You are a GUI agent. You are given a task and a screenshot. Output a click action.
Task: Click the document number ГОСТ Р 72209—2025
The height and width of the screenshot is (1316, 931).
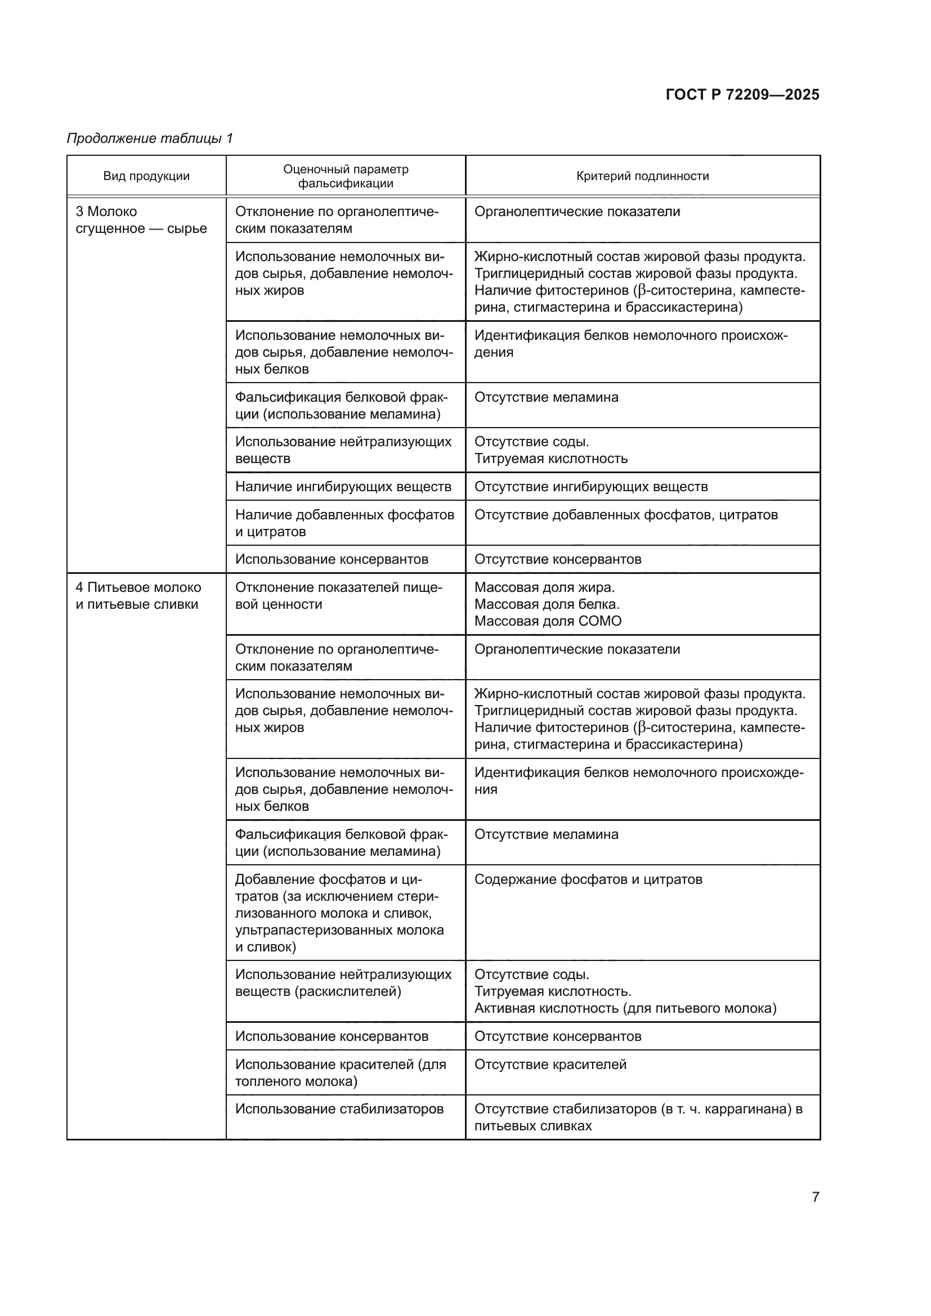742,95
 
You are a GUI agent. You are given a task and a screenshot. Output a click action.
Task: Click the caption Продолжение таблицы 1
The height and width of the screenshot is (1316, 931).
150,138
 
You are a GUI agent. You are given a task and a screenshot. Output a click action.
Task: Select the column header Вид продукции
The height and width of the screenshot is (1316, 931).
146,176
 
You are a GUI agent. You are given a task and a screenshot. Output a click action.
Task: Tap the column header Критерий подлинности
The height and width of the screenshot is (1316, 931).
642,176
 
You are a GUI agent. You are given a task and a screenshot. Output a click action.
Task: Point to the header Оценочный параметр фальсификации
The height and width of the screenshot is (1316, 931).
346,176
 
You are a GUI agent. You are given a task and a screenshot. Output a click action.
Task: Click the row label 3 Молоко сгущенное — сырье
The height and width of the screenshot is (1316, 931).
141,220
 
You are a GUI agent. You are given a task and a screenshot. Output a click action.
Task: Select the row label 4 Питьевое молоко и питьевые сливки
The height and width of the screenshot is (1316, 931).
138,595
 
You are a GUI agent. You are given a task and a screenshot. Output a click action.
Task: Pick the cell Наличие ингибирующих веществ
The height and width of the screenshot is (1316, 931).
343,487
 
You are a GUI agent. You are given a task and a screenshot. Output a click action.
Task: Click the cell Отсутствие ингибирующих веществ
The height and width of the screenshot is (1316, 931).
590,487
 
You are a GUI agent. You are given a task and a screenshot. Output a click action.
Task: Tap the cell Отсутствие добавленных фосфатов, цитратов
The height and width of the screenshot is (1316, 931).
625,515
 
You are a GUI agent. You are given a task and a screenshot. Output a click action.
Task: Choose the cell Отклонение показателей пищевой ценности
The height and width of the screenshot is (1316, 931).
338,595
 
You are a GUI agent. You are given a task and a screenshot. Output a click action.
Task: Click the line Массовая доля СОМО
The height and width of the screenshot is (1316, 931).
548,621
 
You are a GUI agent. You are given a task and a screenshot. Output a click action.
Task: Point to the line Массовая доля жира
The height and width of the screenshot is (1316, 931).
544,587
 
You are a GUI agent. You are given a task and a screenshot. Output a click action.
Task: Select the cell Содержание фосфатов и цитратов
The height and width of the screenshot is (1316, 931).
588,879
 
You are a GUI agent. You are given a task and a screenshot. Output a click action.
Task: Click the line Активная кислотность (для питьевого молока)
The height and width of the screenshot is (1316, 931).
625,1008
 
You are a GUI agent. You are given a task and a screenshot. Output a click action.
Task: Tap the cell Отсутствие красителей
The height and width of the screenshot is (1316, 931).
550,1065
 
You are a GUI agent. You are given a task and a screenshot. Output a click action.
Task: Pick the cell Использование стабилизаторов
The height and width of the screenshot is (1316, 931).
339,1108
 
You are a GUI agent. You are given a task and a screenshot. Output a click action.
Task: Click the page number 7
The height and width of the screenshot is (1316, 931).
815,1197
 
